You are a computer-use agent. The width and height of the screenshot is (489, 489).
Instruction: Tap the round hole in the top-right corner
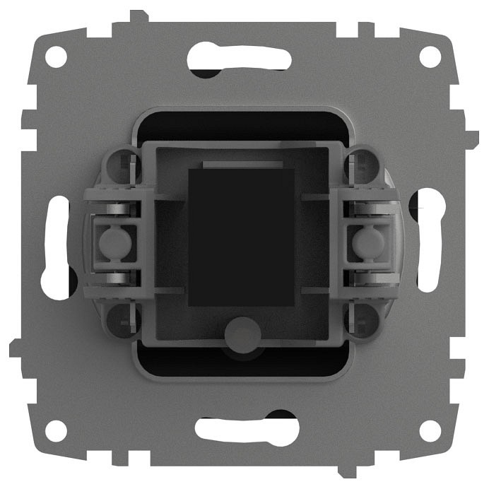pyautogui.click(x=429, y=56)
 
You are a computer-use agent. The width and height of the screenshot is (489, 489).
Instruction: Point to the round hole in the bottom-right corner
pyautogui.click(x=429, y=430)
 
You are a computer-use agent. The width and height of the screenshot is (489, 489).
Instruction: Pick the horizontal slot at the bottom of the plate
pyautogui.click(x=247, y=430)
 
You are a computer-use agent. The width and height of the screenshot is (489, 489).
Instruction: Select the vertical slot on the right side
pyautogui.click(x=429, y=245)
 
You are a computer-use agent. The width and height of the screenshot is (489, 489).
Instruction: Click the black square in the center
pyautogui.click(x=242, y=237)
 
